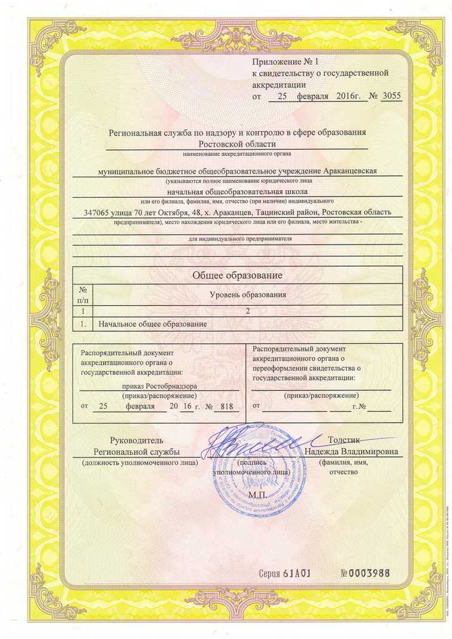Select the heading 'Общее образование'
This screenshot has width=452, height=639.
click(237, 275)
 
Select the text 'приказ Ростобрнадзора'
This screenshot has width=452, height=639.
click(160, 386)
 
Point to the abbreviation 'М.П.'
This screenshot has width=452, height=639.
click(257, 495)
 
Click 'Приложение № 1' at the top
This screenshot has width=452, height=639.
click(285, 62)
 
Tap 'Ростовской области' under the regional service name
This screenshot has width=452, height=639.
click(237, 144)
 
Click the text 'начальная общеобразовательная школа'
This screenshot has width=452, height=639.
click(237, 191)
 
